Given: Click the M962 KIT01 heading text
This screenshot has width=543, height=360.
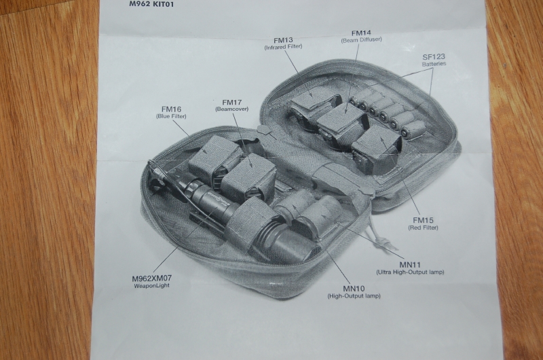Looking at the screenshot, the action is [151, 4].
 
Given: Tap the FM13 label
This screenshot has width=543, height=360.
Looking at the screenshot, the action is [283, 40].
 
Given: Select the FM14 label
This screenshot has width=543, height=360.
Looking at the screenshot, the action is [361, 33].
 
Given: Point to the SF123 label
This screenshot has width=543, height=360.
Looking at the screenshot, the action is [434, 56].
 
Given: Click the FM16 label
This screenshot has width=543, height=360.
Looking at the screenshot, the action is [171, 109].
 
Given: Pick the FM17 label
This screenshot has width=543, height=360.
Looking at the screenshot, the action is [231, 102].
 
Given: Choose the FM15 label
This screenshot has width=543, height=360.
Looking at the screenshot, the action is [423, 220].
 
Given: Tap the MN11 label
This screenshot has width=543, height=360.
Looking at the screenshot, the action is [410, 265].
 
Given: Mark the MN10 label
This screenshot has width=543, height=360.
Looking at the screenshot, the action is [354, 289].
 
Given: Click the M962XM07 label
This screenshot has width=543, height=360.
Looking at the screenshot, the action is [151, 278].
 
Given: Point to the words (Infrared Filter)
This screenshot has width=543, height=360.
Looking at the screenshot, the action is [283, 47].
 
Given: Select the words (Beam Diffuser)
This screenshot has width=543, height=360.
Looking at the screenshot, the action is [361, 40].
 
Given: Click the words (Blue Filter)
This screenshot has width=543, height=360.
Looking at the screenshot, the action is [171, 116].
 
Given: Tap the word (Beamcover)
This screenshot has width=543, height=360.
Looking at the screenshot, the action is [231, 109].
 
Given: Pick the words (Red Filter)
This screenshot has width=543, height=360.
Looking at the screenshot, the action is [423, 228].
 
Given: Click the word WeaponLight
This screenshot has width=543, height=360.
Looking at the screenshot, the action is [151, 285].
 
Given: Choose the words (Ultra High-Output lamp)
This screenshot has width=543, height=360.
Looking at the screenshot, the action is [410, 272].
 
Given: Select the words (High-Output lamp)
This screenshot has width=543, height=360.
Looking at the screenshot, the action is [354, 296].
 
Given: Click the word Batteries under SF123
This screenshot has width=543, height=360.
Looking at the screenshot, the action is [434, 64].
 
